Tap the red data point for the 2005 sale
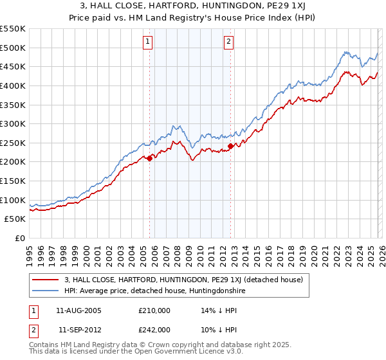(149, 157)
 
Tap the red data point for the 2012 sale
(230, 146)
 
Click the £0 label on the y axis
(19, 239)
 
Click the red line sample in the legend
(46, 280)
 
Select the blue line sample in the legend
(46, 291)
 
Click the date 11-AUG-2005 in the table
(78, 310)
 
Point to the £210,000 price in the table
(154, 310)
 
